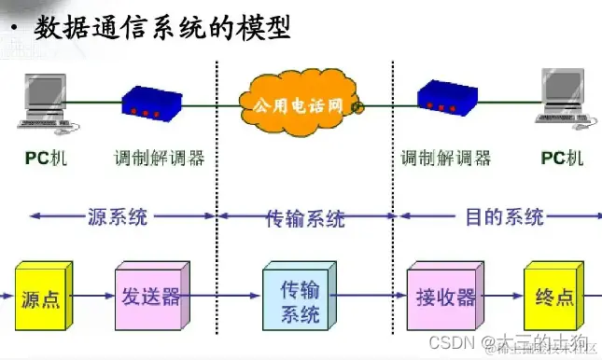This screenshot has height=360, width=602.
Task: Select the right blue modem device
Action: point(447,97)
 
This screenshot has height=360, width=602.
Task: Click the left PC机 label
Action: point(43,158)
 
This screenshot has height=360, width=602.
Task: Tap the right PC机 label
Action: point(562,158)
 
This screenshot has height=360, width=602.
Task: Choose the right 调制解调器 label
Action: point(446,158)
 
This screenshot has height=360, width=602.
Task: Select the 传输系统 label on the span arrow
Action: point(305,218)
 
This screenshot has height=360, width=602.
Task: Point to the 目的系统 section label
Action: point(504,217)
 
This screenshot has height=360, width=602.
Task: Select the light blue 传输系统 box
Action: point(299,301)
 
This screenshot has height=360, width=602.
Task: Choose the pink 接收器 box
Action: point(444,298)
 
